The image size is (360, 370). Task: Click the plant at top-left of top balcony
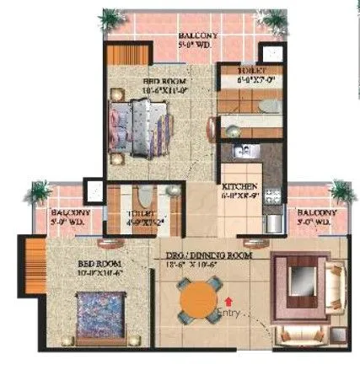(110, 19)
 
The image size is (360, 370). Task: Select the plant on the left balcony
(37, 192)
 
